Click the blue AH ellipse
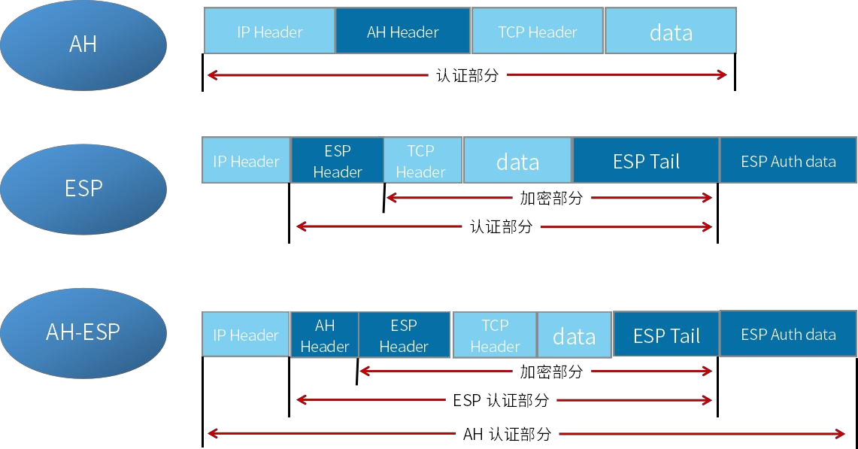[83, 44]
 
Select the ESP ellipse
[83, 188]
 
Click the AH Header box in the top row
[402, 32]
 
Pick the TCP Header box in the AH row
[537, 32]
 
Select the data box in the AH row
[670, 32]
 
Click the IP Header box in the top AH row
[269, 32]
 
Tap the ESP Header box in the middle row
[337, 161]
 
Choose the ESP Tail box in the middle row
[646, 161]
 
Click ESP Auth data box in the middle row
[788, 161]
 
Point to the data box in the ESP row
[517, 161]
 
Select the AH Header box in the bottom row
[324, 335]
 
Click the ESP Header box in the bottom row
[404, 335]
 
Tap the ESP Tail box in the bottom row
[666, 335]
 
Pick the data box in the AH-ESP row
[574, 335]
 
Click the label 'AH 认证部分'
[507, 434]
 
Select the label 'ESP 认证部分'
[501, 401]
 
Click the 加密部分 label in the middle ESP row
[551, 199]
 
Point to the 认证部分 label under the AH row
[467, 75]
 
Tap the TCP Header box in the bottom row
[494, 335]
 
